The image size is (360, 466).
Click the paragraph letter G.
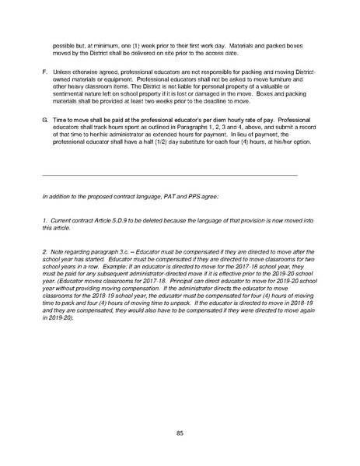45,122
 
